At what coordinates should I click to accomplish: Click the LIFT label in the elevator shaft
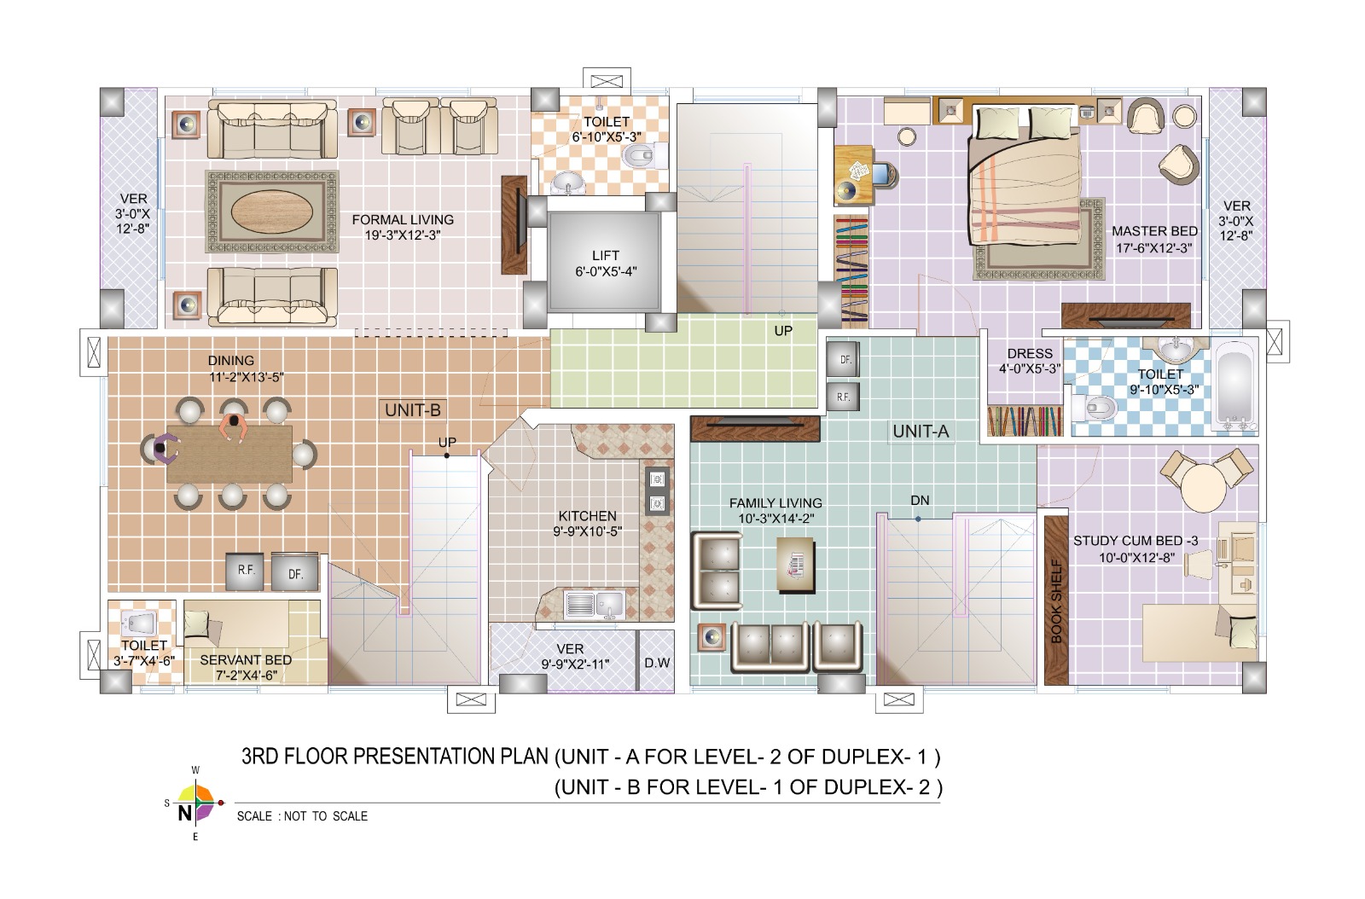(606, 256)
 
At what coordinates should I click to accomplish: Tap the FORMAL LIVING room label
(403, 220)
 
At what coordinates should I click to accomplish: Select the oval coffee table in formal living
(272, 211)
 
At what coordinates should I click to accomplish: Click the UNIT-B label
(413, 410)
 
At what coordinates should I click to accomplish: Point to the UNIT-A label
(921, 432)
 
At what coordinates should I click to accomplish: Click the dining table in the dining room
(229, 454)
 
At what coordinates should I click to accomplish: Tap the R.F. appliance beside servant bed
(245, 571)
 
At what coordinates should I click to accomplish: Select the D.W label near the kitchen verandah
(658, 663)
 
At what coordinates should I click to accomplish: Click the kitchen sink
(594, 604)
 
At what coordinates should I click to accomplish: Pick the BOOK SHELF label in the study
(1057, 601)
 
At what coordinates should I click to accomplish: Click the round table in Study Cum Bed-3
(1204, 488)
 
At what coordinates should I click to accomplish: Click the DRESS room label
(1030, 354)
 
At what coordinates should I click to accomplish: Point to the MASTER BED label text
(1155, 231)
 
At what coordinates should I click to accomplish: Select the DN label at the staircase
(920, 501)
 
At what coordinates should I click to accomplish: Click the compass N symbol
(184, 813)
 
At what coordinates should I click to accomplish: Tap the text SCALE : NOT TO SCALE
(302, 816)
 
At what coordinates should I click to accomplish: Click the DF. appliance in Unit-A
(844, 359)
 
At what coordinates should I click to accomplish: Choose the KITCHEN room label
(588, 516)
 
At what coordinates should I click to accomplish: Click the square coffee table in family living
(796, 565)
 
